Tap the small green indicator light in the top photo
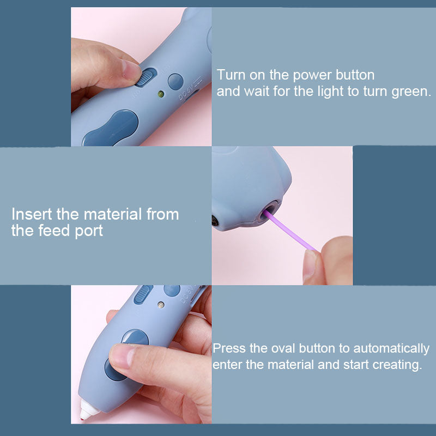click(x=161, y=94)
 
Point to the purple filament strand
click(x=290, y=231)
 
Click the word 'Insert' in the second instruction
click(x=32, y=214)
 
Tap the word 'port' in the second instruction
click(x=89, y=231)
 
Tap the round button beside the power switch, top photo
click(x=175, y=81)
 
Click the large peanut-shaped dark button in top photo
click(x=111, y=129)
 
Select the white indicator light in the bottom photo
click(x=161, y=305)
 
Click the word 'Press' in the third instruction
click(x=229, y=348)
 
